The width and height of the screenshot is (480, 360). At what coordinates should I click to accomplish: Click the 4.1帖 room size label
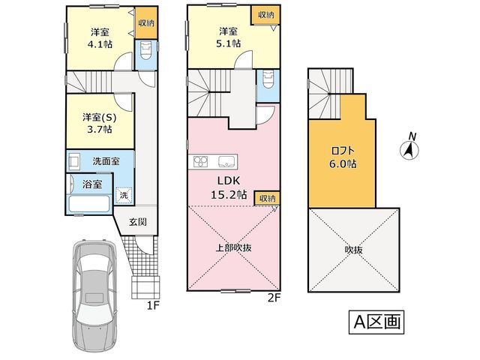click(100, 45)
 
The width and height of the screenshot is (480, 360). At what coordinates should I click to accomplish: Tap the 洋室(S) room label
click(100, 118)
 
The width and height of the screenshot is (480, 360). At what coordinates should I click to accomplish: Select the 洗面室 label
click(106, 161)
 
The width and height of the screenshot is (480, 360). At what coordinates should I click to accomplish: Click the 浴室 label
click(92, 184)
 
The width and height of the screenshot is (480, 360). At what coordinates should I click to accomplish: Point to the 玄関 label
click(138, 222)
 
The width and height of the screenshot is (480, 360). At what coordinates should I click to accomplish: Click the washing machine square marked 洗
click(124, 195)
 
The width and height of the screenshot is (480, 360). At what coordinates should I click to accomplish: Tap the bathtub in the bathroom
click(89, 203)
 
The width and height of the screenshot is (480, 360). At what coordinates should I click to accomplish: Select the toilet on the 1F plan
click(145, 51)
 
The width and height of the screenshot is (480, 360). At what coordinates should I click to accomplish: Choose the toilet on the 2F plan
click(268, 79)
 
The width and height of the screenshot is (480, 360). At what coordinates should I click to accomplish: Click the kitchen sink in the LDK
click(227, 162)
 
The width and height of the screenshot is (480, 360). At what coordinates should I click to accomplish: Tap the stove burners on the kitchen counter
click(200, 162)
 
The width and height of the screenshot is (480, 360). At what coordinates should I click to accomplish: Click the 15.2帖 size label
click(229, 195)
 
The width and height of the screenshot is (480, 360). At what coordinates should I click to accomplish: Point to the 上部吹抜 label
click(234, 247)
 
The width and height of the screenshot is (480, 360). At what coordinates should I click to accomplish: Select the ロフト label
click(343, 151)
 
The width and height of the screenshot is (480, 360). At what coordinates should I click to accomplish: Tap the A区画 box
click(376, 322)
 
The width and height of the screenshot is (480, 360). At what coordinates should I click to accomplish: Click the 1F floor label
click(153, 306)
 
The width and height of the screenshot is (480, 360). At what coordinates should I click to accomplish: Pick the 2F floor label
click(274, 298)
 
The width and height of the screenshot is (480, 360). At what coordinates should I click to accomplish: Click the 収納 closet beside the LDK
click(267, 198)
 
